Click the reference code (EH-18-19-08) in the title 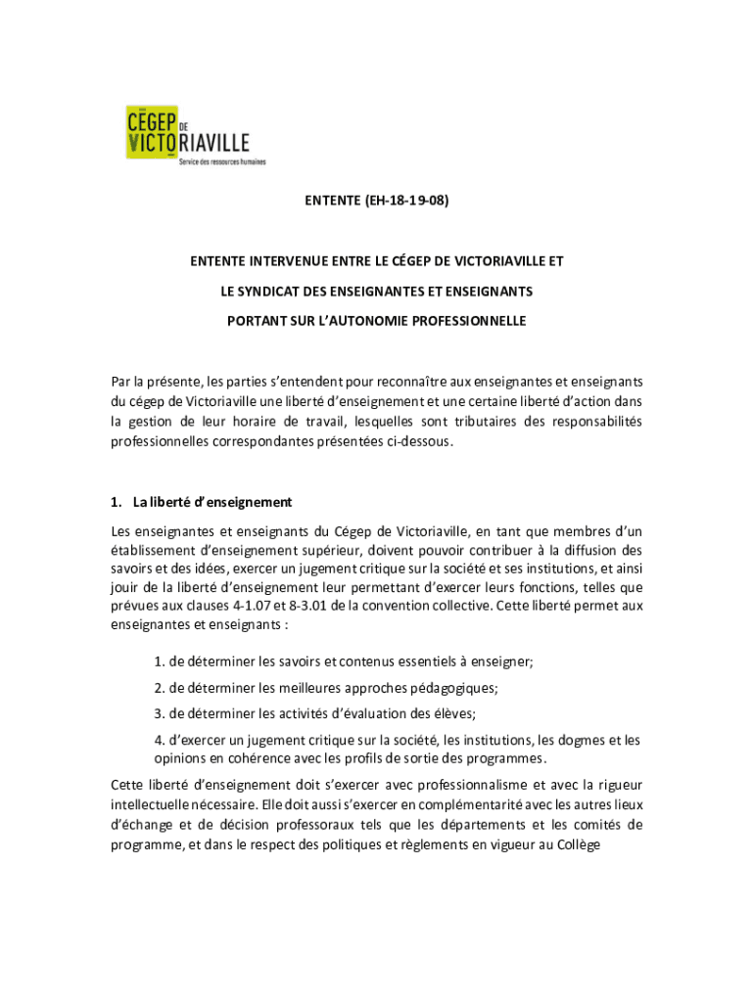coord(412,204)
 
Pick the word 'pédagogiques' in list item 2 coord(455,688)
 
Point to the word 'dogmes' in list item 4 coord(583,740)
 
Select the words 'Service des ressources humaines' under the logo coord(221,161)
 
